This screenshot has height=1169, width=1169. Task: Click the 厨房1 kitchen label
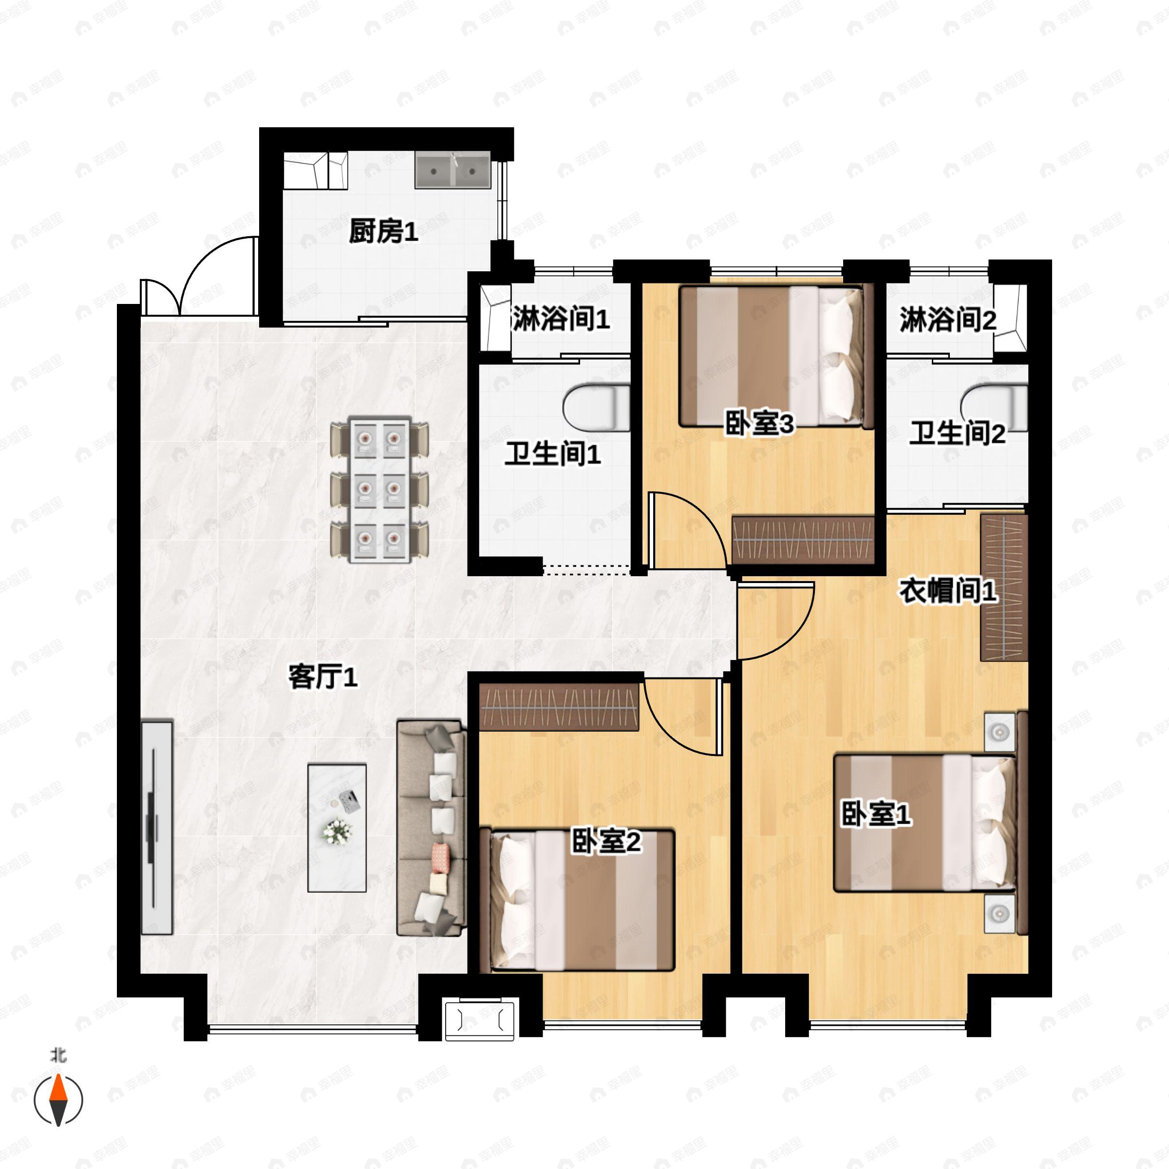[383, 231]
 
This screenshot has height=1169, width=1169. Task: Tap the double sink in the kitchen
[453, 170]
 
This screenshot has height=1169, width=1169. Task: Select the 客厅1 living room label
[322, 677]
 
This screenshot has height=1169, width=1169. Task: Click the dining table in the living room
[379, 489]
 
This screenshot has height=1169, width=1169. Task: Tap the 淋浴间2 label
[947, 320]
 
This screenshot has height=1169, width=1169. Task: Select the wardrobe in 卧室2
[559, 706]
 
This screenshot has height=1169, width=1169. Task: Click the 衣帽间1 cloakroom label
[947, 591]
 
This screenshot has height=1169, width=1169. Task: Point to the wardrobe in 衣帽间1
[1004, 587]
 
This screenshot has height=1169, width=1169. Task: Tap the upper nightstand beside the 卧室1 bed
[999, 732]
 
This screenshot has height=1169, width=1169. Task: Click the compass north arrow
[58, 1099]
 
